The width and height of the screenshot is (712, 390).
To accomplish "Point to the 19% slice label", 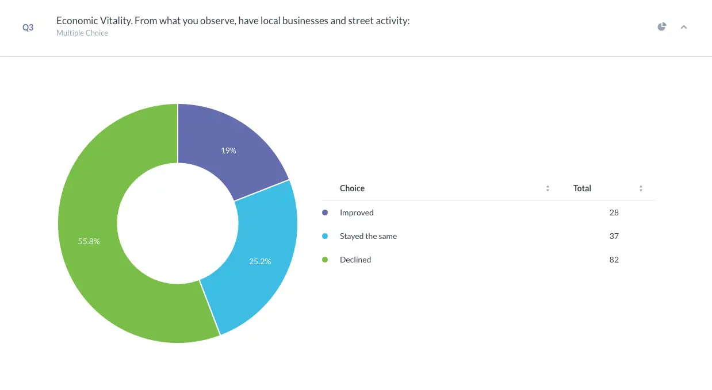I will (228, 150).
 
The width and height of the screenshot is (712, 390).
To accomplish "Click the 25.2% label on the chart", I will (260, 261).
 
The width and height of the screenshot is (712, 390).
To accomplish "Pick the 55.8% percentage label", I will (89, 241).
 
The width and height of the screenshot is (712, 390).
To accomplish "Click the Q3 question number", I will (28, 28).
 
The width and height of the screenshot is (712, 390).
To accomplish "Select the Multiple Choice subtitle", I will (82, 33).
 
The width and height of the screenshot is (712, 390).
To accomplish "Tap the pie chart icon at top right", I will (662, 26).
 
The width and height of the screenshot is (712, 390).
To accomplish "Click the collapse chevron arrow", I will (684, 27).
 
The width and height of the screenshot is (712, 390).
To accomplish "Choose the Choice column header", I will (352, 188).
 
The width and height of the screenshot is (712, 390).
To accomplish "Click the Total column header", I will (582, 188).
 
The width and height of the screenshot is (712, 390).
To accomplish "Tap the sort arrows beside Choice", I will (548, 188).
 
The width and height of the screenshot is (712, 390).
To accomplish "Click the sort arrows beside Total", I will (641, 188).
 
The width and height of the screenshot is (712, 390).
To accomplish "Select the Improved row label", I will (357, 213).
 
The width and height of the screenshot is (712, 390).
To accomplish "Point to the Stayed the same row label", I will (368, 236).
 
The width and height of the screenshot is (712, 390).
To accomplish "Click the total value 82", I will (614, 260).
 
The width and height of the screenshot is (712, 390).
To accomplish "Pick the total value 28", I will (614, 213).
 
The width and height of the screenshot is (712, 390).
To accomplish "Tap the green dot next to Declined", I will (325, 260).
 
